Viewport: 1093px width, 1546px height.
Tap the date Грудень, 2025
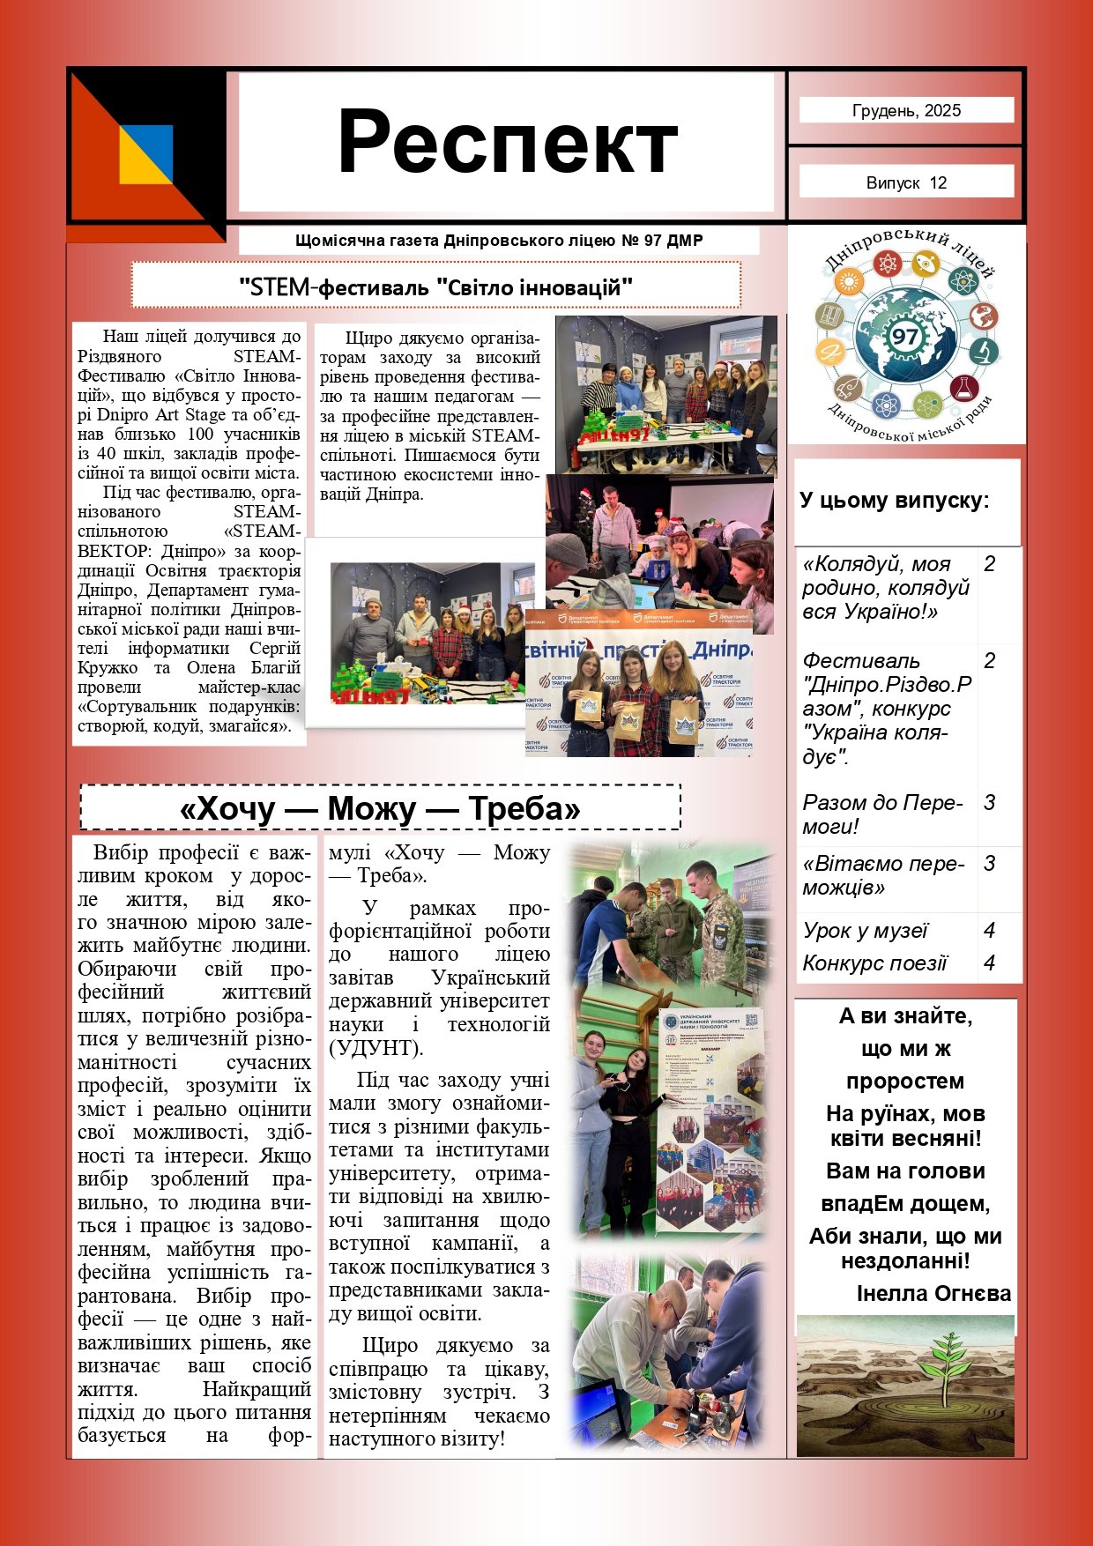tap(906, 111)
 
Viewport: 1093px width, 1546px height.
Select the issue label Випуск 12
tap(906, 183)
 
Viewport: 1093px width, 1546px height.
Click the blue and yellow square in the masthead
tap(146, 153)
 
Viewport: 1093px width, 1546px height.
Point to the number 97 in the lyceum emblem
tap(904, 336)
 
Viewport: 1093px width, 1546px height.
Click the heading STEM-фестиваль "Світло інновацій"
tap(436, 287)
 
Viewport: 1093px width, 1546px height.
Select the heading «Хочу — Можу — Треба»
tap(380, 808)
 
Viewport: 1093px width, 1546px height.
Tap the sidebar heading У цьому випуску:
tap(894, 501)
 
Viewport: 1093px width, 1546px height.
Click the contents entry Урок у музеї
tap(865, 931)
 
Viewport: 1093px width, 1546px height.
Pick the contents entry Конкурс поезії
tap(874, 963)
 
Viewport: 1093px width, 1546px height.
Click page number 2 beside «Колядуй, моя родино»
tap(990, 564)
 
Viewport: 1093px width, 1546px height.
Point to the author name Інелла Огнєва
tap(933, 1293)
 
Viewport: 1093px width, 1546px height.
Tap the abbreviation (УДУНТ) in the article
tap(375, 1048)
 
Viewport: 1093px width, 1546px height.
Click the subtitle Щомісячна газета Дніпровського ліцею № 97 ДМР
tap(499, 241)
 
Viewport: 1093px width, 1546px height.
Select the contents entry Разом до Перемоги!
tap(882, 814)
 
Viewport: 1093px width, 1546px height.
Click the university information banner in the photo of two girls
tap(711, 1120)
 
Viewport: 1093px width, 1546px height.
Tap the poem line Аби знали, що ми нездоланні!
tap(905, 1248)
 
